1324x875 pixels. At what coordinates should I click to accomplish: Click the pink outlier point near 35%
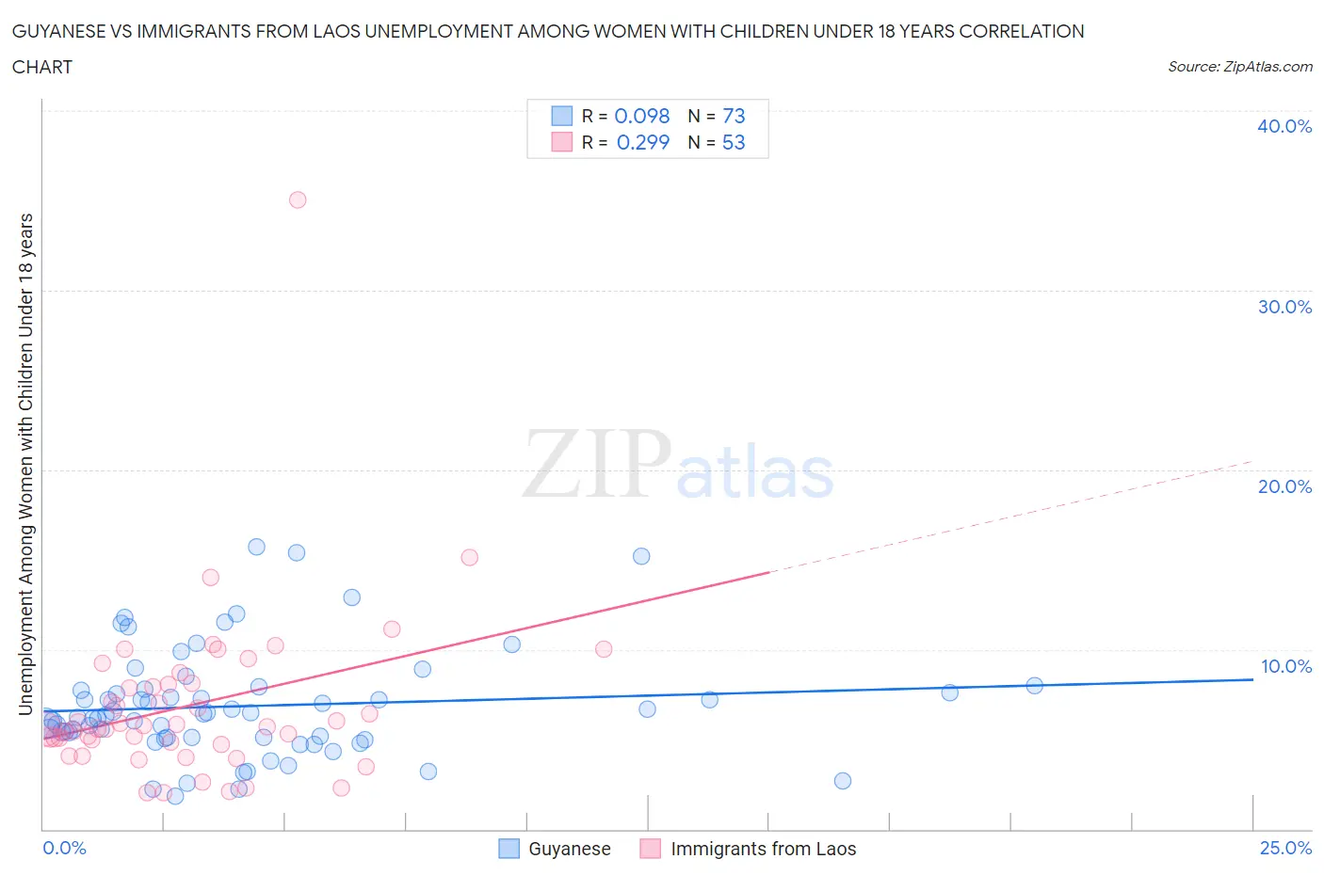[x=298, y=199]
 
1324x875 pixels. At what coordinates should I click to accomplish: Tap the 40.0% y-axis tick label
[x=1284, y=126]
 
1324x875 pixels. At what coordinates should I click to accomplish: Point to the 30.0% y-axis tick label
[x=1284, y=307]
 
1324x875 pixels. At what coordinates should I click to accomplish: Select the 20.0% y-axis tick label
[x=1284, y=486]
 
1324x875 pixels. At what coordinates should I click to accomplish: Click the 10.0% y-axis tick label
[x=1285, y=666]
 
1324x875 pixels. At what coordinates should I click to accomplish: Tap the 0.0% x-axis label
[x=64, y=848]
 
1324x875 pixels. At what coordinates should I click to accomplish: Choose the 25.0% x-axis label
[x=1285, y=848]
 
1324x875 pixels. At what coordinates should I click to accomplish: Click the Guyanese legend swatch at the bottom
[x=509, y=849]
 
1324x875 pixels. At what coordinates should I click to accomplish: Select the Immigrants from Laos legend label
[x=763, y=849]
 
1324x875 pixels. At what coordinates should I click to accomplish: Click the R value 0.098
[x=642, y=116]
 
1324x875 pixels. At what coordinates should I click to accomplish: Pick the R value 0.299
[x=643, y=142]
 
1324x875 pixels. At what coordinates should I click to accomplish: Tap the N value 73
[x=734, y=116]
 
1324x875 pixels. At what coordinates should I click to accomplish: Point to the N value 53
[x=734, y=142]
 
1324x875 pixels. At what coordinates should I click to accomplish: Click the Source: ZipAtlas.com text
[x=1239, y=66]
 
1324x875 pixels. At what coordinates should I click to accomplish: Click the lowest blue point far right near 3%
[x=843, y=781]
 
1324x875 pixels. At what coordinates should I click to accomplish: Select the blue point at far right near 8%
[x=1034, y=685]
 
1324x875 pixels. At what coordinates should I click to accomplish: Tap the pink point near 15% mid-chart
[x=469, y=557]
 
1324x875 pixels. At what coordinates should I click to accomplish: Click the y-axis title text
[x=26, y=464]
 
